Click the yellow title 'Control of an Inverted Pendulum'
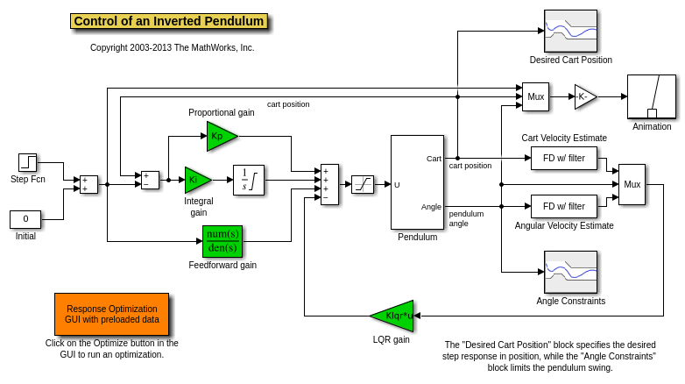tap(169, 21)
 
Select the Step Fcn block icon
tap(28, 162)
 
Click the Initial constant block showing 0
tap(25, 219)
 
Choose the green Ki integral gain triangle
tap(195, 180)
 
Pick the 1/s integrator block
tap(249, 180)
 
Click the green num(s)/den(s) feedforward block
tap(222, 241)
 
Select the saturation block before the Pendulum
tap(363, 184)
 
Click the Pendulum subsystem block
tap(417, 182)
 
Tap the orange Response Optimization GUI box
tap(112, 315)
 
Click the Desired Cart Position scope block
tap(570, 32)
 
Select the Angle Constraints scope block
tap(570, 273)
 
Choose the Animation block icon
tap(652, 96)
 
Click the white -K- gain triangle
tap(584, 96)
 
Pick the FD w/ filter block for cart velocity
tap(564, 158)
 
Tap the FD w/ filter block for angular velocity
tap(564, 206)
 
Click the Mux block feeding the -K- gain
tap(536, 96)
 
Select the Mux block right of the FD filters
tap(632, 184)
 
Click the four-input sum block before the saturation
tap(329, 184)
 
